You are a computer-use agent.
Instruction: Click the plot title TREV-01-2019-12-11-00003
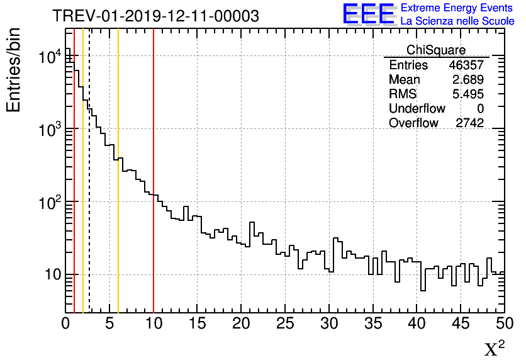155,16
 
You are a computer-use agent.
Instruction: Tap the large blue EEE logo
369,14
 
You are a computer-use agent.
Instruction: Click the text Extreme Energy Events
457,8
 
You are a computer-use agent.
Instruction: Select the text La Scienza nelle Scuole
457,21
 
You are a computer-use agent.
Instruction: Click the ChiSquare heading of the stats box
436,50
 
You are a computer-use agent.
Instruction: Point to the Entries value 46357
466,65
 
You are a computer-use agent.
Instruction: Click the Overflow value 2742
469,123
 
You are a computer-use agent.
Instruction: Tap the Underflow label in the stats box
417,109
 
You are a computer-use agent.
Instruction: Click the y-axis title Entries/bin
14,70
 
